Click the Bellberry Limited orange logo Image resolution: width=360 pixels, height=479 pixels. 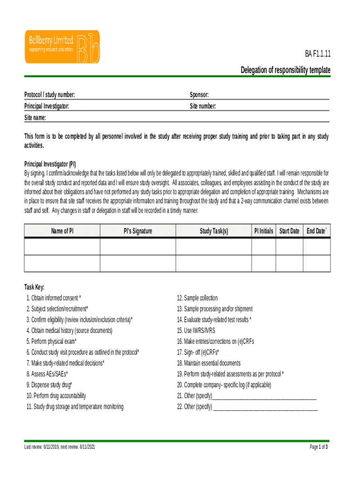[x=62, y=47]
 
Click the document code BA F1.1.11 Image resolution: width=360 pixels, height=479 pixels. [x=318, y=54]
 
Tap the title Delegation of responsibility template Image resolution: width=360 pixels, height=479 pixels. [x=285, y=70]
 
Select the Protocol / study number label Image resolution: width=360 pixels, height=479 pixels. [x=50, y=95]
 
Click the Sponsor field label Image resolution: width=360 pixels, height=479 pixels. [x=199, y=95]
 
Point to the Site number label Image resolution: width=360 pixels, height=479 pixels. [x=203, y=106]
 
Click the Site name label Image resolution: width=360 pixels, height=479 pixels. [x=35, y=117]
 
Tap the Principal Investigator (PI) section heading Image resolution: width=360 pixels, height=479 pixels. [x=50, y=164]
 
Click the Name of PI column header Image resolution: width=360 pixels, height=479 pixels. [x=62, y=231]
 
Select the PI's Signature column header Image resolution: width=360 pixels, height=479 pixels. [x=137, y=231]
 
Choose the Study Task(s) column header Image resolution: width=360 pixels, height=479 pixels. [x=214, y=231]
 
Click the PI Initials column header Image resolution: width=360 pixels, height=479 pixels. [x=263, y=231]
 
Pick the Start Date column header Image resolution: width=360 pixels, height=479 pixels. [x=289, y=231]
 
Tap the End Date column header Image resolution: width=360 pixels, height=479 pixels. [x=317, y=231]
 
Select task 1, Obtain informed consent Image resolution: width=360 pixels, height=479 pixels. [x=54, y=298]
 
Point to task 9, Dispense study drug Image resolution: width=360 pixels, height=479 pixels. [x=50, y=385]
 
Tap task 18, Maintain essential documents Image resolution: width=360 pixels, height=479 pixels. [x=209, y=363]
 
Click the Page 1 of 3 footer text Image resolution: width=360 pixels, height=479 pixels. [x=318, y=447]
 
